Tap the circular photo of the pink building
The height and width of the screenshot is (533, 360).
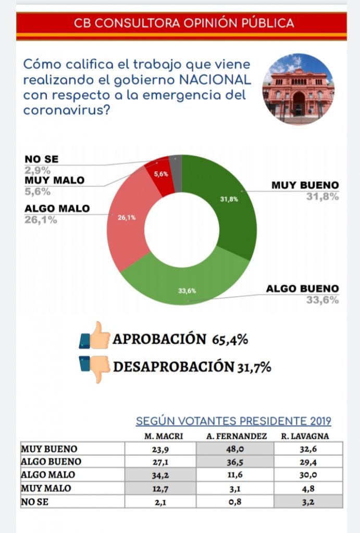pyautogui.click(x=298, y=89)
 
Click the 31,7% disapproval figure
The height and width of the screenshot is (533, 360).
pyautogui.click(x=253, y=367)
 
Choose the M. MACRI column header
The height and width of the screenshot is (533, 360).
pyautogui.click(x=160, y=436)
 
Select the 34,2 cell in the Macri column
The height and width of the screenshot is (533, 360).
pyautogui.click(x=160, y=475)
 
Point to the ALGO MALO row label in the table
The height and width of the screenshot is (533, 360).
pyautogui.click(x=48, y=475)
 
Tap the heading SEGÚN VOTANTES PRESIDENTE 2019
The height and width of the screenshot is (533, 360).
pyautogui.click(x=233, y=422)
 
